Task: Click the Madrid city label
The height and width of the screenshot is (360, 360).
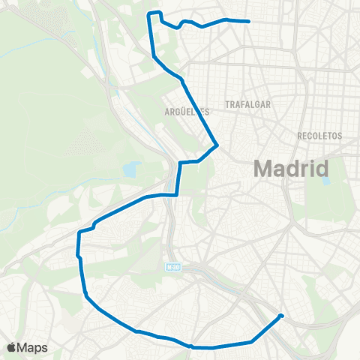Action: tap(292, 168)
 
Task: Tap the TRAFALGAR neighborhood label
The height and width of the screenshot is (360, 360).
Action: tap(247, 106)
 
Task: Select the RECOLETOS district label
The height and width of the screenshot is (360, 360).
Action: tap(319, 136)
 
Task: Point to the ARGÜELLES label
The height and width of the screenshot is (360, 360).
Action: tap(186, 111)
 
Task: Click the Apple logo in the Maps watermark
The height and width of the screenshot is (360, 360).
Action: tap(11, 347)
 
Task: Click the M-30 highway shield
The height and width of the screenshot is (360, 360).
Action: tap(174, 266)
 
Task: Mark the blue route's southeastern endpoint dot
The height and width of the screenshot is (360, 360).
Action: tap(280, 316)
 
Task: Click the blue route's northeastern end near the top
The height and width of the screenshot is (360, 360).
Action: tap(249, 21)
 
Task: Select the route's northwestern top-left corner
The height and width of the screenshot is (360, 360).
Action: tap(151, 13)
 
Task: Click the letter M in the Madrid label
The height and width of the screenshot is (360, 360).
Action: tap(263, 168)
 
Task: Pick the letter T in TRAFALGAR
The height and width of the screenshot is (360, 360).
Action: tap(227, 106)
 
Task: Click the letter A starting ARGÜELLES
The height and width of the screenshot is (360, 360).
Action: tap(166, 111)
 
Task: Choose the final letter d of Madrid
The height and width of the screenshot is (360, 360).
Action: tap(322, 168)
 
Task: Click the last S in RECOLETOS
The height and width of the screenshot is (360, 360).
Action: tap(340, 136)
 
